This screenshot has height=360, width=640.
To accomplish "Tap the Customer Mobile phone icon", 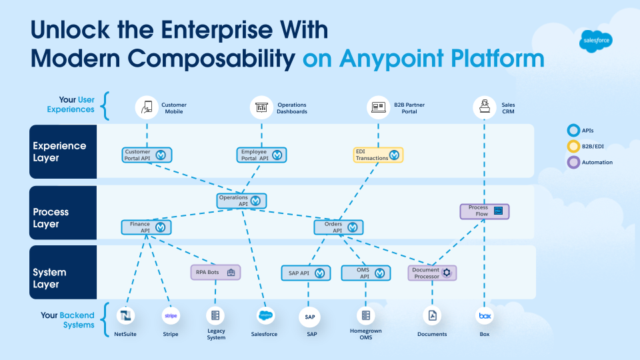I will pyautogui.click(x=146, y=107).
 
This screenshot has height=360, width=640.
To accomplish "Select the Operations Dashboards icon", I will pyautogui.click(x=261, y=107).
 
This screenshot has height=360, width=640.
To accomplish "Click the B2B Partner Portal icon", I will pyautogui.click(x=379, y=107).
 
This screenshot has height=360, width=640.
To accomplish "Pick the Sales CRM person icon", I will pyautogui.click(x=483, y=107).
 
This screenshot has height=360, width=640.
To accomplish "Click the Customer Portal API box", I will pyautogui.click(x=147, y=155).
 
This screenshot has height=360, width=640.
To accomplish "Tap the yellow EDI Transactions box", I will pyautogui.click(x=378, y=155).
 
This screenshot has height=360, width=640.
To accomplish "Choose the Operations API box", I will pyautogui.click(x=242, y=201).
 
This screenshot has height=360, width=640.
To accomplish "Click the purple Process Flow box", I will pyautogui.click(x=485, y=211).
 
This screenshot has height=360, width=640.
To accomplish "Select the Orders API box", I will pyautogui.click(x=339, y=227).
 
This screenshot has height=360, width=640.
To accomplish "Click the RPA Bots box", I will pyautogui.click(x=215, y=272).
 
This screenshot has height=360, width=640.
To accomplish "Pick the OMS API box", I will pyautogui.click(x=365, y=273).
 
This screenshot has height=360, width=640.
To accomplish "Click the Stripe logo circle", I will pyautogui.click(x=171, y=315).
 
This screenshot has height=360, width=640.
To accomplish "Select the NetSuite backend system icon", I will pyautogui.click(x=125, y=315).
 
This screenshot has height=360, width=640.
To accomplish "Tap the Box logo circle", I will pyautogui.click(x=484, y=315).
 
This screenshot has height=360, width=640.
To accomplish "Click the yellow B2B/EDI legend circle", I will pyautogui.click(x=573, y=146).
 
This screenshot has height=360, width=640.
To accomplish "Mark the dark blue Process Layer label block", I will pyautogui.click(x=63, y=218).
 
